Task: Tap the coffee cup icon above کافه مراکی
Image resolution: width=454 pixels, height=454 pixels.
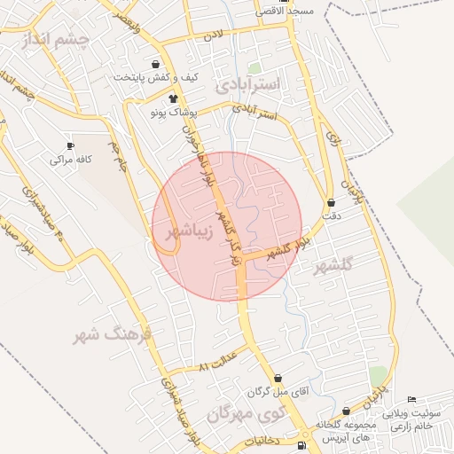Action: [x=70, y=145]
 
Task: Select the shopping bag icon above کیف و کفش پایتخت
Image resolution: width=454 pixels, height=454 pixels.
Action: [x=157, y=64]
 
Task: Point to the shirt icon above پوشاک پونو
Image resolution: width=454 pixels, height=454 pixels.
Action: [x=172, y=98]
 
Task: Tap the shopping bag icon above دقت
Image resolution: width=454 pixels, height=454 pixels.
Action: [x=332, y=202]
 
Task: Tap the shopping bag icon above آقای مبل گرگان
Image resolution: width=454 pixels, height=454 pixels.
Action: [x=278, y=377]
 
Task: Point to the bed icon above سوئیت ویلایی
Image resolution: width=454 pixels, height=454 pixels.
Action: [x=411, y=399]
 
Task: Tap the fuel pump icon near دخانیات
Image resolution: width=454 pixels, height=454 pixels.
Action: [x=302, y=446]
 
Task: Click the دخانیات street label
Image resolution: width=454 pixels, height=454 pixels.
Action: [x=261, y=440]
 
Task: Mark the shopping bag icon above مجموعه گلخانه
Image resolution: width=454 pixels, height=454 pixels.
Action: [x=346, y=411]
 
